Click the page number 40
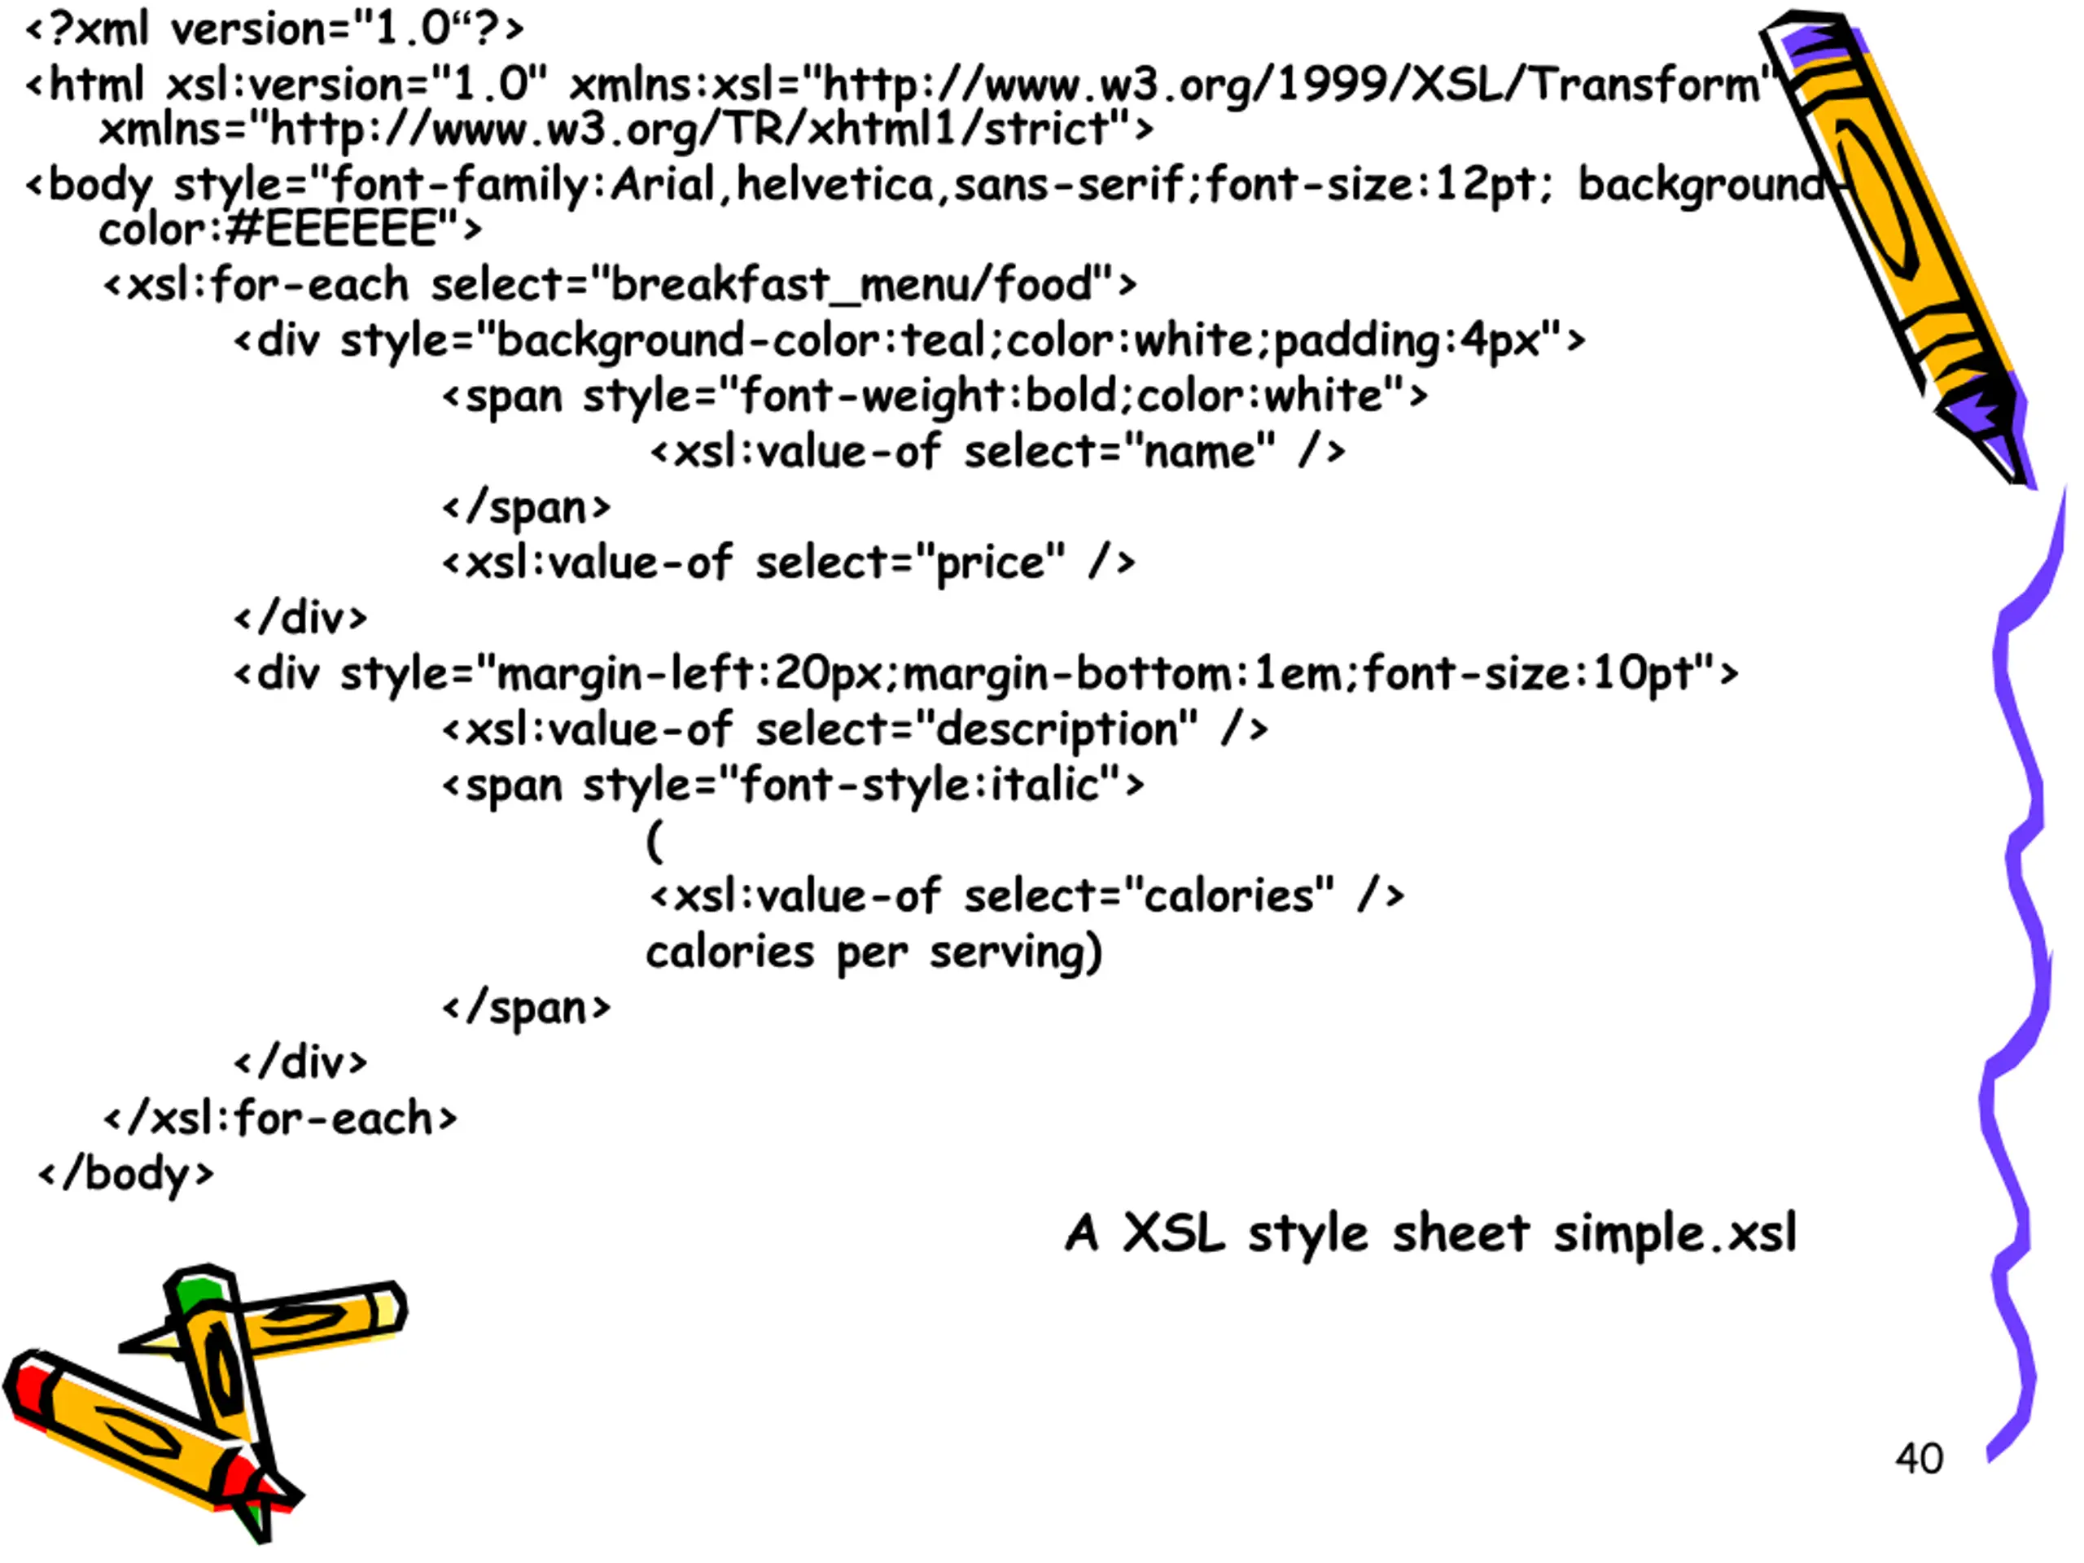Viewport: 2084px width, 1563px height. click(x=1919, y=1459)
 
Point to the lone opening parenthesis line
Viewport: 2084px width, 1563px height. click(x=655, y=840)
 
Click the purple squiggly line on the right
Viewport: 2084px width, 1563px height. click(x=2021, y=980)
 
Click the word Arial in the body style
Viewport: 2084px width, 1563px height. click(x=663, y=185)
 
